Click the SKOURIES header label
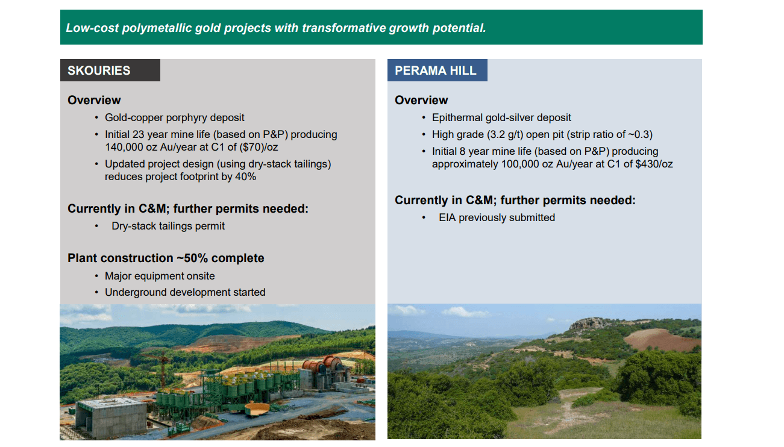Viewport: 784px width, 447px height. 99,70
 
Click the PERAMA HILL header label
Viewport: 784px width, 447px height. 436,70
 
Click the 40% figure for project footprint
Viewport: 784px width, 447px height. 245,177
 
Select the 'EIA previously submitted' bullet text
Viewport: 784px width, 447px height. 497,217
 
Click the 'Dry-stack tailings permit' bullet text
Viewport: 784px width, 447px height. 168,226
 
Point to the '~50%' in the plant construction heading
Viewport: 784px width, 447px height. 192,258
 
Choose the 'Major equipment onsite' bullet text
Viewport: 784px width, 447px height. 160,276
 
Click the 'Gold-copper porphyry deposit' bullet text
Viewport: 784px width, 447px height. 174,117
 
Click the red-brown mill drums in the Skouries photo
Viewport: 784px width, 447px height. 324,365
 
